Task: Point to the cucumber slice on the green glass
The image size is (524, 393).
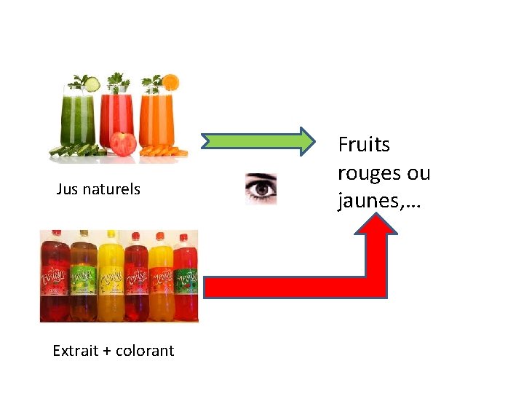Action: (x=92, y=85)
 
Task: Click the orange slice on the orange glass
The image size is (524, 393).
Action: (x=170, y=82)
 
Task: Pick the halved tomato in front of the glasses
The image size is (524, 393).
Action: (x=124, y=143)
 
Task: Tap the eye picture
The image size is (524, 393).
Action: (x=261, y=188)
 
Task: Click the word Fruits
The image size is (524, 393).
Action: (x=364, y=145)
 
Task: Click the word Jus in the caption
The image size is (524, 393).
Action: (x=68, y=189)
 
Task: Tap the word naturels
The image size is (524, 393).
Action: (x=111, y=189)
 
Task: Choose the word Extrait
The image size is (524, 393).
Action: (x=75, y=351)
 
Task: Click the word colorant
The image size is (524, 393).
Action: (x=145, y=351)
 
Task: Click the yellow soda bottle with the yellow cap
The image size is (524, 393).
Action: (x=112, y=277)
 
